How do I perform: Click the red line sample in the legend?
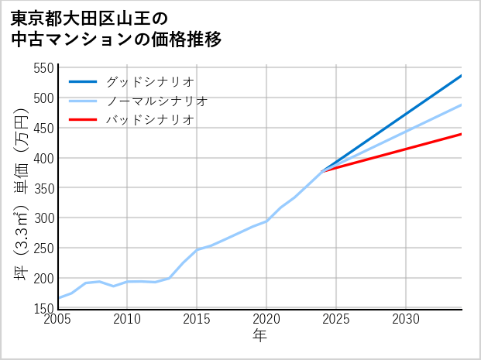[x=83, y=120]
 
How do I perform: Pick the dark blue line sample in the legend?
[x=83, y=81]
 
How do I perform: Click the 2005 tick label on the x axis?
[x=58, y=319]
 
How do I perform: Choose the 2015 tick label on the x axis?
[x=197, y=319]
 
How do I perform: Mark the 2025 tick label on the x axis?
[x=336, y=319]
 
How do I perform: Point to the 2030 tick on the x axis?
[x=406, y=319]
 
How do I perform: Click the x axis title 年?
[x=260, y=337]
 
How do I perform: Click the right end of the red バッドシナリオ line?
[x=462, y=134]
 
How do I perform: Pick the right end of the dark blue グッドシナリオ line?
[x=462, y=75]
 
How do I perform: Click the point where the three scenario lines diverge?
[x=322, y=170]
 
